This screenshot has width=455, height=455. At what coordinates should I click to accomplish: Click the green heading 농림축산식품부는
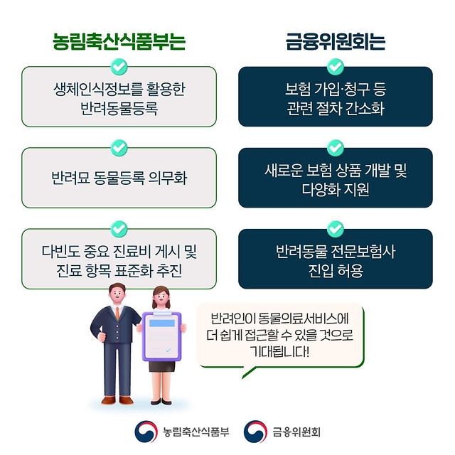(119, 41)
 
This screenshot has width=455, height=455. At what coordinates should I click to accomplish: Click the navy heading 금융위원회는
(336, 41)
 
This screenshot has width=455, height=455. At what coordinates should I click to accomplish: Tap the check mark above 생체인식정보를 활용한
(119, 67)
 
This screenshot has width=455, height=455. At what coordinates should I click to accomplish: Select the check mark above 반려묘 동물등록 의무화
(119, 148)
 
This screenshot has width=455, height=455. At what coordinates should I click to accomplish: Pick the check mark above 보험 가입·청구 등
(336, 67)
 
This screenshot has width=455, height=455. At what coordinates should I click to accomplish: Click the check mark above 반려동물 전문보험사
(336, 229)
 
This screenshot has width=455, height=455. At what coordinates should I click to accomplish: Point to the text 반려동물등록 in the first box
(119, 108)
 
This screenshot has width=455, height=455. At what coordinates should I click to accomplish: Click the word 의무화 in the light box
(168, 178)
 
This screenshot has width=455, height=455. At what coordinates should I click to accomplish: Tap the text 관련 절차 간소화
(336, 108)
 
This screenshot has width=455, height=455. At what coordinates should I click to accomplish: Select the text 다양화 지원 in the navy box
(336, 189)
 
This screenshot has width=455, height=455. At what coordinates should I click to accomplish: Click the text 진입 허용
(336, 270)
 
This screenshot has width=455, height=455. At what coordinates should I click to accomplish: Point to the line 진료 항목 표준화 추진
(119, 270)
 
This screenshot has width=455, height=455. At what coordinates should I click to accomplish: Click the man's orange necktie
(117, 313)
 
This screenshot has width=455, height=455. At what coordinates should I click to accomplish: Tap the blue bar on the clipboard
(162, 323)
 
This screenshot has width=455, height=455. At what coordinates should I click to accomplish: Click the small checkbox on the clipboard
(168, 350)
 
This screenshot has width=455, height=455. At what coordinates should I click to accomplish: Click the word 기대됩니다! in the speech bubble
(279, 352)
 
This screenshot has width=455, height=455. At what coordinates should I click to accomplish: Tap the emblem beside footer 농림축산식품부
(146, 432)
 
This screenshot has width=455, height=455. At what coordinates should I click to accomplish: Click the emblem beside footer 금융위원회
(255, 432)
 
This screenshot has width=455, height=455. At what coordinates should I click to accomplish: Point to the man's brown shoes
(117, 400)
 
